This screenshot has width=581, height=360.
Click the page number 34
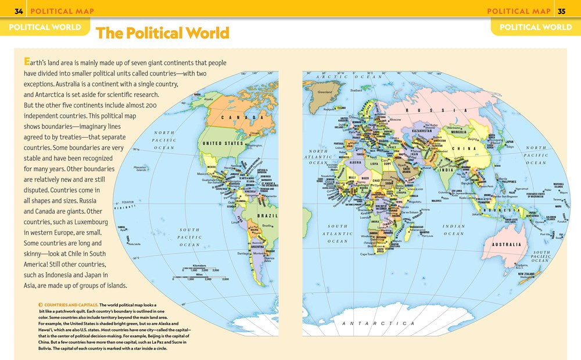tap(19, 11)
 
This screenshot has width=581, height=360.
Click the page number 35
tap(561, 11)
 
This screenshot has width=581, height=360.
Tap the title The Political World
tap(163, 33)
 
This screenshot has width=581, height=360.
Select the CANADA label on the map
tap(239, 118)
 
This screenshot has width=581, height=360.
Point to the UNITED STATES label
tap(222, 143)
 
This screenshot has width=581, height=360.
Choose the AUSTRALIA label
tap(506, 244)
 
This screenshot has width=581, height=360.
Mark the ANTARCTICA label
tap(378, 323)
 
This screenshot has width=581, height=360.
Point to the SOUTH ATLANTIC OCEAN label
tap(337, 233)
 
